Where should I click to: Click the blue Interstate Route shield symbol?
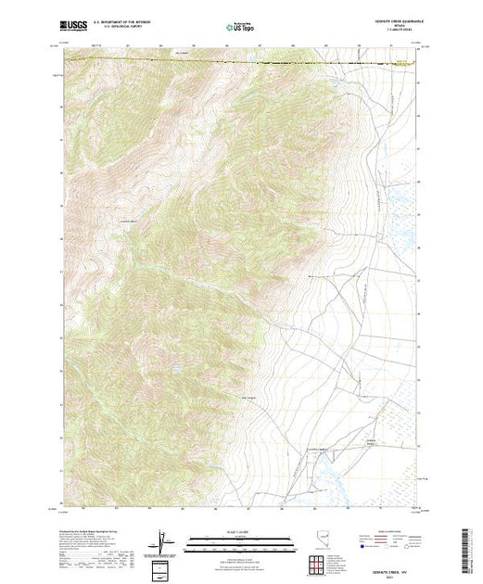click(357, 547)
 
